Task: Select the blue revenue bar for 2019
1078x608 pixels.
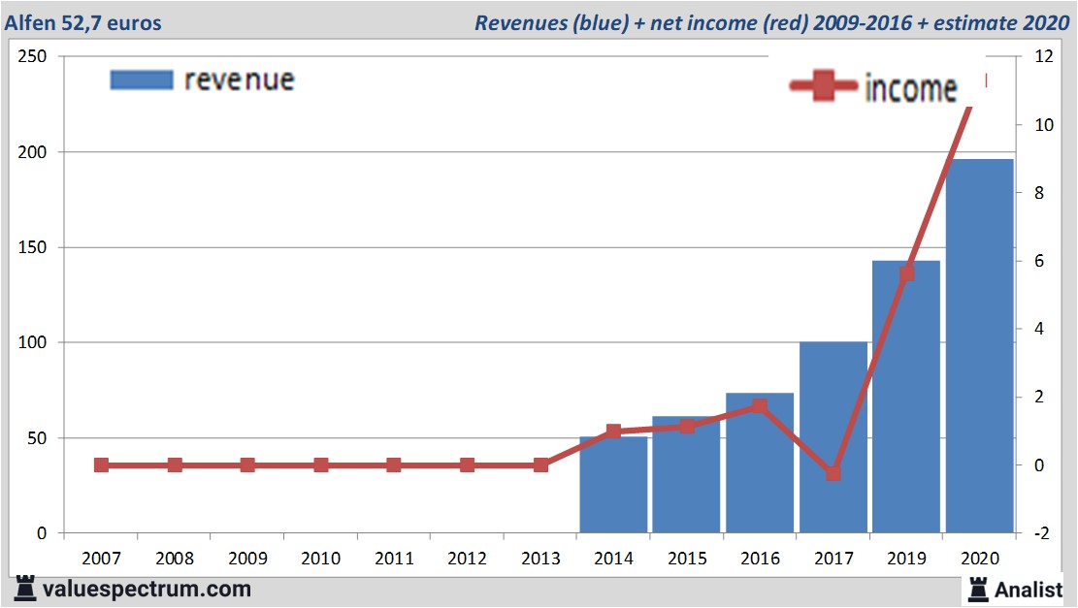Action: tap(906, 407)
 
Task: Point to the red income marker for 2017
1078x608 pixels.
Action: tap(833, 473)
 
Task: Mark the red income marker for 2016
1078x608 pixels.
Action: tap(760, 406)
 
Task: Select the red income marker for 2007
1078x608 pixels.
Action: tap(102, 465)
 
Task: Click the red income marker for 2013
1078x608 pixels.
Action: tap(540, 465)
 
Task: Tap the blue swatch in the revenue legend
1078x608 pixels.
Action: tap(142, 80)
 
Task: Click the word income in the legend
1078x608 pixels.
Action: tap(910, 88)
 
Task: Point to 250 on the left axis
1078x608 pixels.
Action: tap(34, 57)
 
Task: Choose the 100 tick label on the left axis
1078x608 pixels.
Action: tap(34, 343)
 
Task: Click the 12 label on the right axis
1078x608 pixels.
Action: tap(1043, 57)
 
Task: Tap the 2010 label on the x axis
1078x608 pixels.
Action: tap(321, 559)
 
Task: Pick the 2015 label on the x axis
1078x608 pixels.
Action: tap(687, 559)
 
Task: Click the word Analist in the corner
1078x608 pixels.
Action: tap(1029, 589)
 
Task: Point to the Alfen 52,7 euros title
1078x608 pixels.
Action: tap(84, 22)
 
